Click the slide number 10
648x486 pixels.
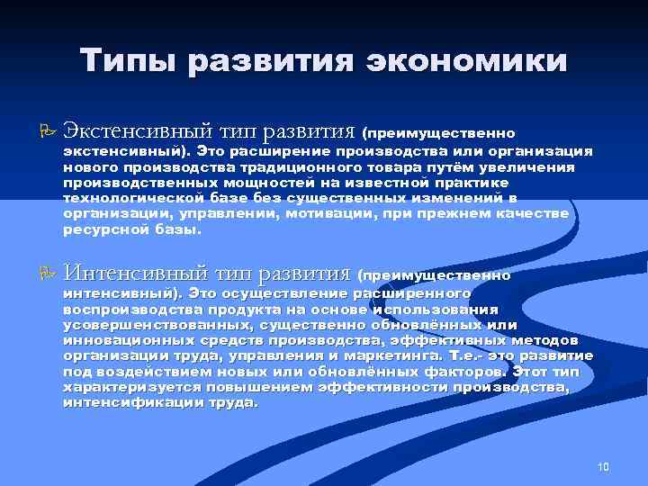603,466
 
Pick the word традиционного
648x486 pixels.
291,168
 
